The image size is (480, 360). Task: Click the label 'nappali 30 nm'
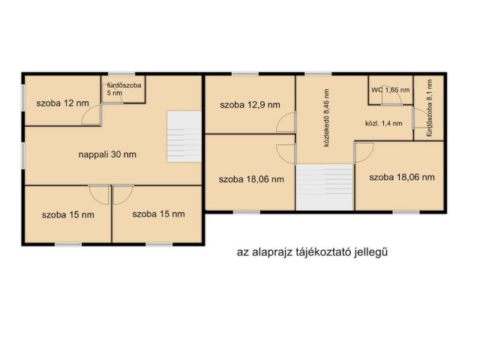point(107,154)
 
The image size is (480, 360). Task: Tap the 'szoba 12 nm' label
point(62,103)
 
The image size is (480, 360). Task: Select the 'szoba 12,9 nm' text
point(250,105)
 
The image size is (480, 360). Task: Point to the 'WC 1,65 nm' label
point(390,90)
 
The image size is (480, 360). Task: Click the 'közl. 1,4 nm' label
point(383,124)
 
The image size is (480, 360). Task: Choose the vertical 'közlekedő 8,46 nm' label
point(327,118)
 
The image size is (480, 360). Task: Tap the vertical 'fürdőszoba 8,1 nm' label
point(430,108)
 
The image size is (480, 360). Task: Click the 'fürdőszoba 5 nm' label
point(124,88)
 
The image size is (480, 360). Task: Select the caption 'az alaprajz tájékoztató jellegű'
point(312,252)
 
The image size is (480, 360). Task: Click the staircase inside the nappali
point(184,136)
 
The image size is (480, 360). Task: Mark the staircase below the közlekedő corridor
point(325,187)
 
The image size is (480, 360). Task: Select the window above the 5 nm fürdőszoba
point(121,73)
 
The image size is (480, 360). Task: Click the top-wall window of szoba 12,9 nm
point(245,73)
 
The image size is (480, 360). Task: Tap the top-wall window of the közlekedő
point(318,73)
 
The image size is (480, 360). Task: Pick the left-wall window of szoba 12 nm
point(23,97)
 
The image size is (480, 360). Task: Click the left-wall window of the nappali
point(23,156)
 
